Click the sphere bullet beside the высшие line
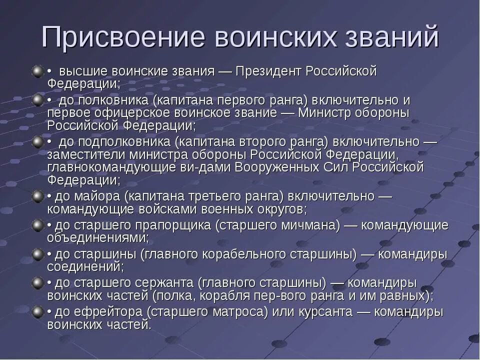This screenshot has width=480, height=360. pyautogui.click(x=38, y=72)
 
